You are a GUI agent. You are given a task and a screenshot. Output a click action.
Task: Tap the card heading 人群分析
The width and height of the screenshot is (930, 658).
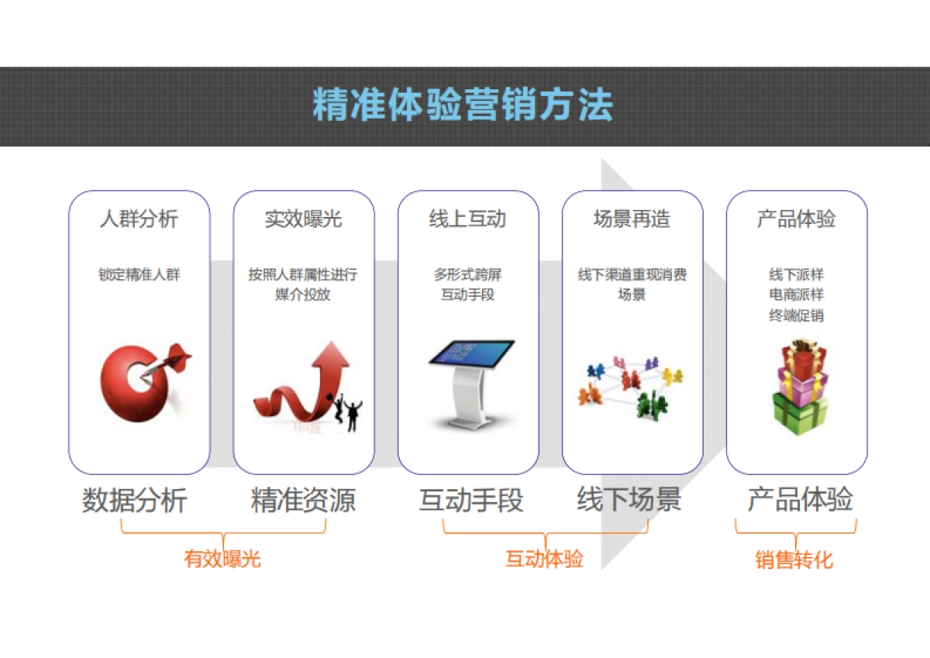coord(139,219)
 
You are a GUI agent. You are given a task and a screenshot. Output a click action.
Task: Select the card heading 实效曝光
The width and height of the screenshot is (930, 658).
coord(303,219)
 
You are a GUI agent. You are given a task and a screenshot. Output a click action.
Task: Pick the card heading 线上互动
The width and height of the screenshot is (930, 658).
coord(467,219)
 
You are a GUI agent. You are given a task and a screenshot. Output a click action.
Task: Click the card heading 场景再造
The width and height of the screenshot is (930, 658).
coord(632,219)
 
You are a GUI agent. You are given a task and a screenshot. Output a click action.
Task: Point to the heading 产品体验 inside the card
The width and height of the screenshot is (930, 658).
coord(796,219)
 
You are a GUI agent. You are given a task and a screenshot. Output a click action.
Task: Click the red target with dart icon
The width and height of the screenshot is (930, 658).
coord(143,380)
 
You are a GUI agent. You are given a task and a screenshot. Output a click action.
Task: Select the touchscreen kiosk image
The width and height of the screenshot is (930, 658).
coord(471,384)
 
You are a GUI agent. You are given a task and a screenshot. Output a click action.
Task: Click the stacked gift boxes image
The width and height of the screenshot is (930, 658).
coord(799,385)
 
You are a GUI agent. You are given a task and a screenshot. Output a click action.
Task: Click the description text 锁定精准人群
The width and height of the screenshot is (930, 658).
coord(139,274)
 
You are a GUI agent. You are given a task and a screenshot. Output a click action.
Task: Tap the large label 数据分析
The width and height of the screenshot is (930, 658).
coord(135,501)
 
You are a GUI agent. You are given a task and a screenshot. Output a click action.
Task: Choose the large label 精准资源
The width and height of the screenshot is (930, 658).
coord(303,501)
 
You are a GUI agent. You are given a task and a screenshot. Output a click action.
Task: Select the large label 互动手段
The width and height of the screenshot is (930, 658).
coord(471,501)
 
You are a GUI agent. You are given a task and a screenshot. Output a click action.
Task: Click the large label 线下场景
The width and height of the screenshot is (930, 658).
coord(629,501)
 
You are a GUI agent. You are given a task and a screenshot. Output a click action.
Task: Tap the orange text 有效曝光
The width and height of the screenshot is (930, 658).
coord(222,559)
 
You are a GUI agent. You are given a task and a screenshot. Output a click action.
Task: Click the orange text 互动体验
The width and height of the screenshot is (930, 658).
coord(544,559)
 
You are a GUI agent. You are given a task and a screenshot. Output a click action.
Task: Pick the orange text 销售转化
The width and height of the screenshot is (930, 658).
coord(794,560)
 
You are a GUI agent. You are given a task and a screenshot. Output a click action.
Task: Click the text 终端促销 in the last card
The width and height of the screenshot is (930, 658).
coord(796,315)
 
